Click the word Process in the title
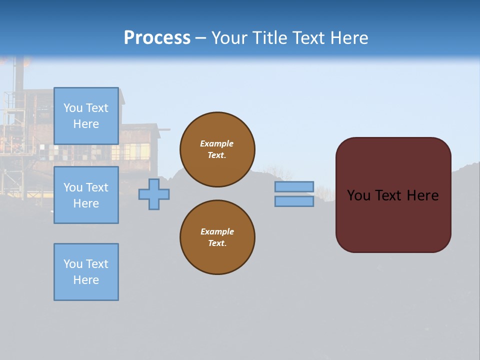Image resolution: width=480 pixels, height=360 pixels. (157, 38)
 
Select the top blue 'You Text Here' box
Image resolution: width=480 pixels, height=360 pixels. (86, 116)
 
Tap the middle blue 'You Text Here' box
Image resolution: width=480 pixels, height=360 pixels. (86, 195)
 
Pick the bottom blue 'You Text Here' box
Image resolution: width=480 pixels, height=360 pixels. (86, 272)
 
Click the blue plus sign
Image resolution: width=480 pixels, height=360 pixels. (154, 194)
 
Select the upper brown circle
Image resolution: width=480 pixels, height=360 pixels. (217, 130)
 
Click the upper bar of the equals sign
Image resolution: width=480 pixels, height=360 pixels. (294, 186)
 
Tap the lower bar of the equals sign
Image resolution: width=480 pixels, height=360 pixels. (294, 201)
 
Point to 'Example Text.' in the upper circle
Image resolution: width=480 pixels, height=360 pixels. (217, 149)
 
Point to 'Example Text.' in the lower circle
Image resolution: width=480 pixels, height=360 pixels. (217, 237)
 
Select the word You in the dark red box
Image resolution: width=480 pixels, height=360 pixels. (358, 195)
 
